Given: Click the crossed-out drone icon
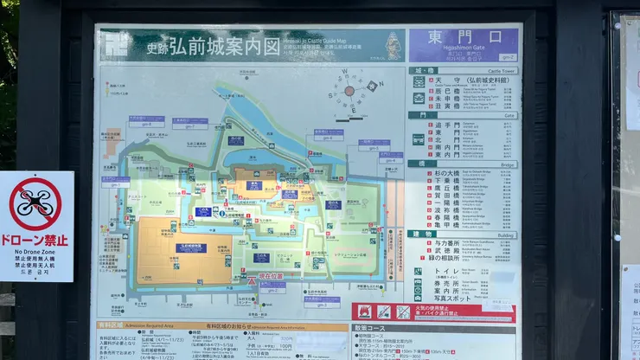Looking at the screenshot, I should coord(35,203).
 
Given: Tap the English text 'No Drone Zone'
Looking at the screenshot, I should coord(35,252).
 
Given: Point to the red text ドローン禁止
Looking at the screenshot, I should coord(35,240).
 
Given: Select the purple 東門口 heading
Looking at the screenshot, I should coord(463,40).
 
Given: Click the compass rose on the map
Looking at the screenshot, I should coord(349,90).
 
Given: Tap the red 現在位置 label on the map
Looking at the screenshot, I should coord(271,276).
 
